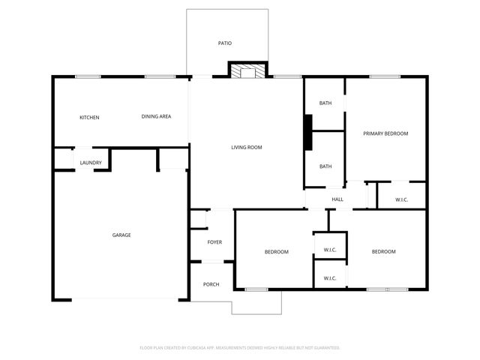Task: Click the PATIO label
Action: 225,43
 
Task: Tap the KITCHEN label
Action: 90,117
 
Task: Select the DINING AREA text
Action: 157,116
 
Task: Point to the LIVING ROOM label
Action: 246,147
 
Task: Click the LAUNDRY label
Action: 91,162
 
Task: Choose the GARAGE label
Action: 121,235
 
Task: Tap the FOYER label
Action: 215,241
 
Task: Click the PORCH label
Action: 211,284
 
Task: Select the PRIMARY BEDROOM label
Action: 385,133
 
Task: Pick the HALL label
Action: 337,199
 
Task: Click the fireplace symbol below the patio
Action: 247,71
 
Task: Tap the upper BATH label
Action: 325,103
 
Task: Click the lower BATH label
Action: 325,166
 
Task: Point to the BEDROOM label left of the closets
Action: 276,252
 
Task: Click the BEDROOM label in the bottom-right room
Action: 383,252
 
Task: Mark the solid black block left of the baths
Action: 307,133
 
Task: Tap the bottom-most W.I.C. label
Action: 330,278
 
